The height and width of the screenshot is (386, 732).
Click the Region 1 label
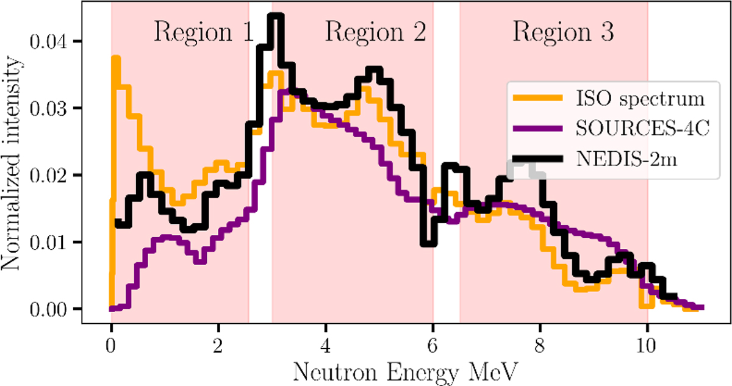coord(203,32)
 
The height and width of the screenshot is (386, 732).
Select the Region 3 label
coord(563,32)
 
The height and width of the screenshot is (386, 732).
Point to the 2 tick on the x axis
coord(218,340)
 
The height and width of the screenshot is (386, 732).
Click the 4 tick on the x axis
coord(326,340)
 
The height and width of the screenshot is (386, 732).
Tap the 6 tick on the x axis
coord(432,340)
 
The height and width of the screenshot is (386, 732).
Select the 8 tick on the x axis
coord(540,340)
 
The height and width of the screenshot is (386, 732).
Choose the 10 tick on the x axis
coord(647,340)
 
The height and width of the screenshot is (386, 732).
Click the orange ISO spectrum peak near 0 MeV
coord(115,59)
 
